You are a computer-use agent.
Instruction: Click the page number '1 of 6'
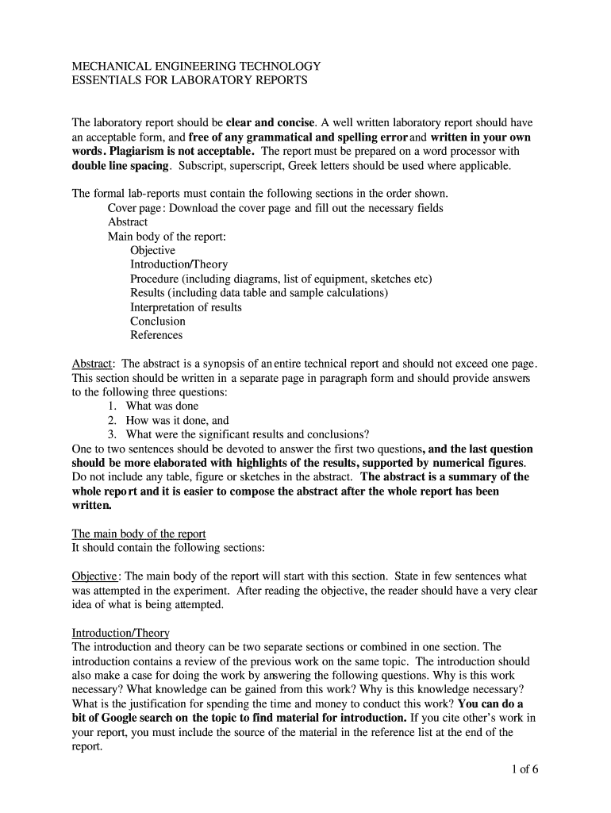pyautogui.click(x=518, y=769)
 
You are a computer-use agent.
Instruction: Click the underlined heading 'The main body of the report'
pyautogui.click(x=139, y=534)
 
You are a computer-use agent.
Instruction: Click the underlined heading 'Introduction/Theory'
pyautogui.click(x=121, y=633)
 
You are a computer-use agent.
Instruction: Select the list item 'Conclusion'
pyautogui.click(x=158, y=321)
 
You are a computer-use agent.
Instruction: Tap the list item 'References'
pyautogui.click(x=156, y=335)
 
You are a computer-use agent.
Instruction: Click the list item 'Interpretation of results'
pyautogui.click(x=186, y=307)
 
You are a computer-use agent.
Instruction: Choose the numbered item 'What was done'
pyautogui.click(x=162, y=406)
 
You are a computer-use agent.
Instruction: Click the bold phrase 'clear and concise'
pyautogui.click(x=271, y=123)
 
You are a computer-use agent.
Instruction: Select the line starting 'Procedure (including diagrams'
pyautogui.click(x=281, y=279)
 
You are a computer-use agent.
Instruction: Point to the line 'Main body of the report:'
pyautogui.click(x=167, y=236)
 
